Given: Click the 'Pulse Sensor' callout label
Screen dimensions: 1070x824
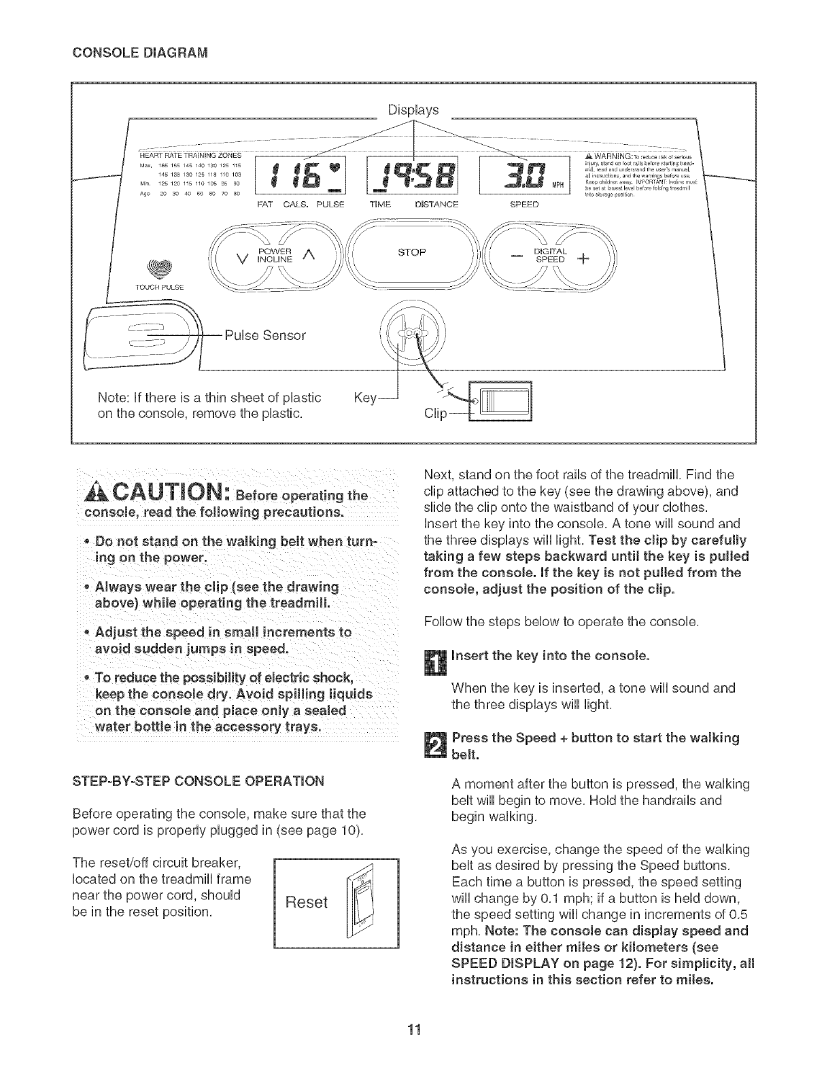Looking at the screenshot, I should click(265, 335).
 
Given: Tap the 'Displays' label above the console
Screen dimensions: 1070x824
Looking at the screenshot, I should click(413, 109).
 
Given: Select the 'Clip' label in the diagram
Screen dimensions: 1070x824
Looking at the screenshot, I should click(435, 413).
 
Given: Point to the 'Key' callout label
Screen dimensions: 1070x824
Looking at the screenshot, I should click(366, 398).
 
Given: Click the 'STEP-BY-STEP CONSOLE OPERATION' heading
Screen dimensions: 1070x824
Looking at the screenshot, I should click(197, 780).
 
